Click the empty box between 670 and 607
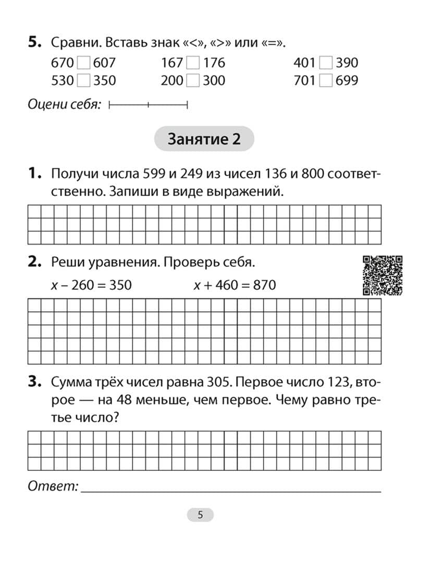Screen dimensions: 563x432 (x=83, y=64)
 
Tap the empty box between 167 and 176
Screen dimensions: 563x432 (x=193, y=64)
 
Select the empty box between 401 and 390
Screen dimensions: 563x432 (x=326, y=64)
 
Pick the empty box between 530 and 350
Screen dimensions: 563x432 (x=83, y=81)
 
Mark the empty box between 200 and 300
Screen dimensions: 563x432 (x=193, y=81)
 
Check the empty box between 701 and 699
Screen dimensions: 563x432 (x=326, y=81)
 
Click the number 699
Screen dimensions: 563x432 (x=347, y=81)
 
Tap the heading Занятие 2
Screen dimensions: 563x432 (x=204, y=139)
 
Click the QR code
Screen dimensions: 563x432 (x=383, y=275)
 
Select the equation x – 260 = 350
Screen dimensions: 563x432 (x=91, y=285)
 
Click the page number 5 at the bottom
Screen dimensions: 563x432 (x=200, y=515)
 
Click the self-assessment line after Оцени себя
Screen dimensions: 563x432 (x=149, y=105)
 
